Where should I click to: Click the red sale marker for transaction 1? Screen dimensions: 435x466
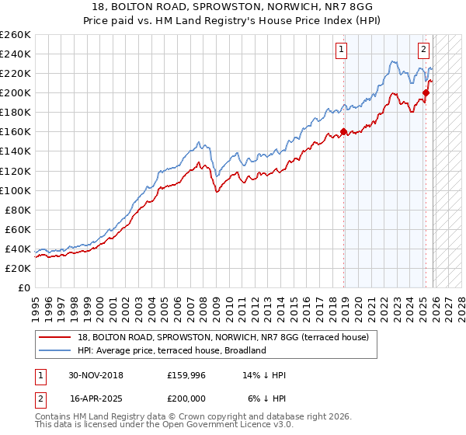(x=343, y=131)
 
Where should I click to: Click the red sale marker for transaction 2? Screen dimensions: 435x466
(x=425, y=92)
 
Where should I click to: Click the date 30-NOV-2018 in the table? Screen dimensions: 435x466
(x=96, y=375)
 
